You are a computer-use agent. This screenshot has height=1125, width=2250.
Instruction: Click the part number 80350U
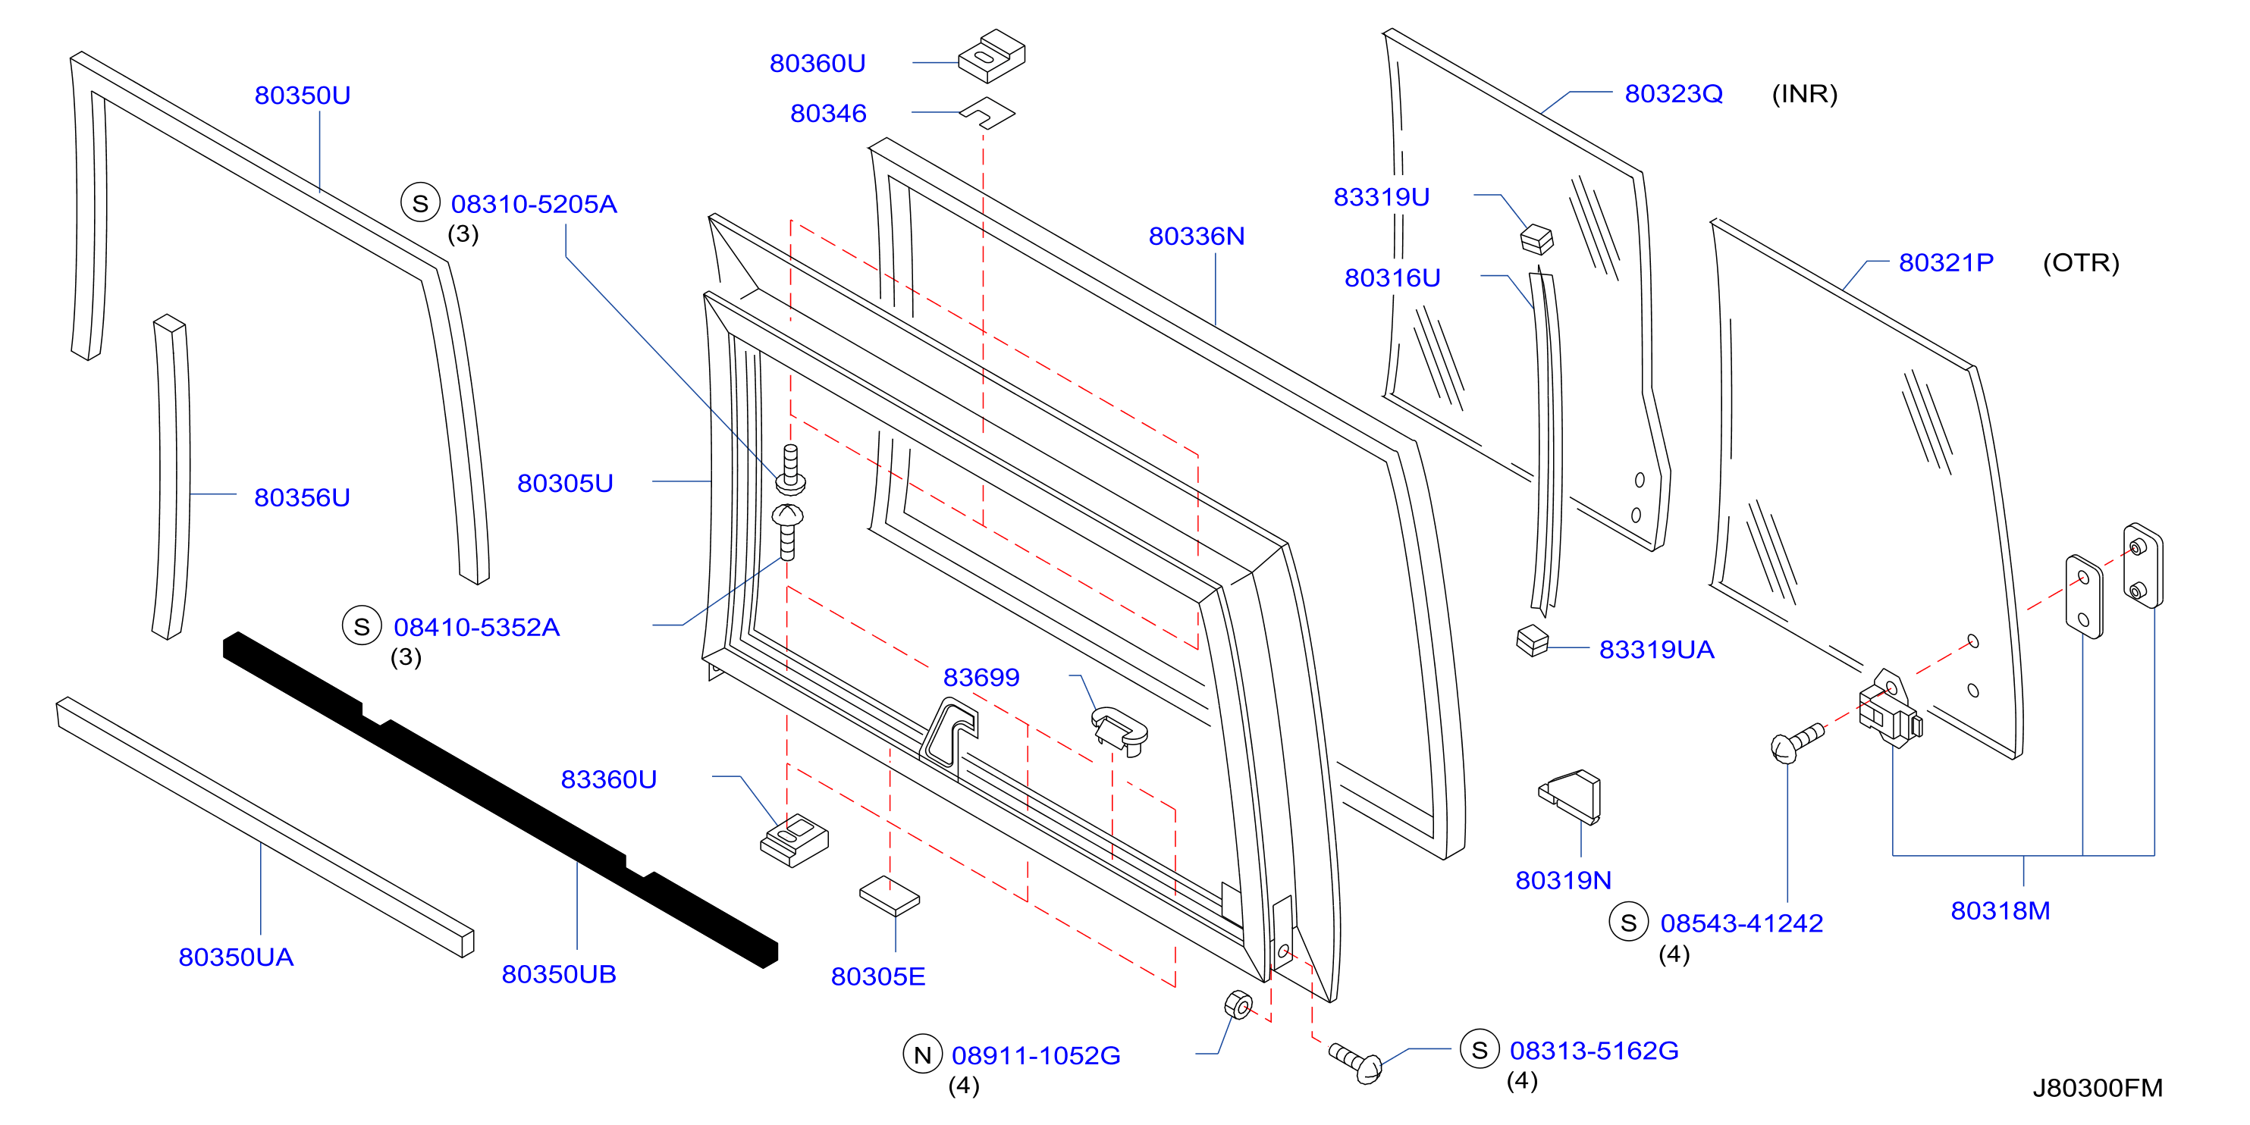click(x=303, y=96)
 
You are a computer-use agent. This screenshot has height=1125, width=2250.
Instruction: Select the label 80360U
click(x=817, y=63)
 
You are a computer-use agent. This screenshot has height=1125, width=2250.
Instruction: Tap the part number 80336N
click(x=1196, y=236)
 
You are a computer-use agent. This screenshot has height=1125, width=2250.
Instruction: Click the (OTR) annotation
click(x=2081, y=263)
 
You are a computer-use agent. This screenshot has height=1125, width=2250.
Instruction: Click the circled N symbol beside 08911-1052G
click(x=922, y=1054)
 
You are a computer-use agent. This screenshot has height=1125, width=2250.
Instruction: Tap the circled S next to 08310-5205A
click(x=420, y=202)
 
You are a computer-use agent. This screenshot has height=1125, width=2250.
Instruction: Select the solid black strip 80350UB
click(x=500, y=799)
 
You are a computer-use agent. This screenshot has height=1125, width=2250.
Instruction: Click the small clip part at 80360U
click(x=992, y=57)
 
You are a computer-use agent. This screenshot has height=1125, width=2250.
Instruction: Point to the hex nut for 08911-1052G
click(x=1238, y=1005)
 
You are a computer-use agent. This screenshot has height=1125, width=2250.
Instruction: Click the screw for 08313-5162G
click(x=1357, y=1061)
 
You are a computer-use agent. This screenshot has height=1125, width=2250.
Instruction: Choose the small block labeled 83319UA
click(x=1533, y=641)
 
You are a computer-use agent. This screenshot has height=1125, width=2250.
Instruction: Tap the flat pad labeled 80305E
click(x=890, y=896)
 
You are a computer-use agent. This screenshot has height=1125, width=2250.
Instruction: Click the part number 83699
click(x=981, y=677)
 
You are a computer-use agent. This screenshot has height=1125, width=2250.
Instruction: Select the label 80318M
click(x=2001, y=910)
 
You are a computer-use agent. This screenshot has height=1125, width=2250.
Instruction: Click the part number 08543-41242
click(x=1742, y=923)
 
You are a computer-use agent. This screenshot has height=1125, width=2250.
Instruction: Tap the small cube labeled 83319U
click(x=1536, y=240)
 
